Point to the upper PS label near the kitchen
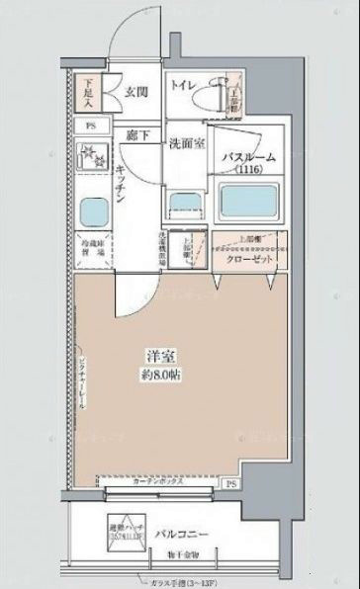click(90, 126)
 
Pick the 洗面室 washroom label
click(185, 141)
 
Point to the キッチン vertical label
click(145, 182)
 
